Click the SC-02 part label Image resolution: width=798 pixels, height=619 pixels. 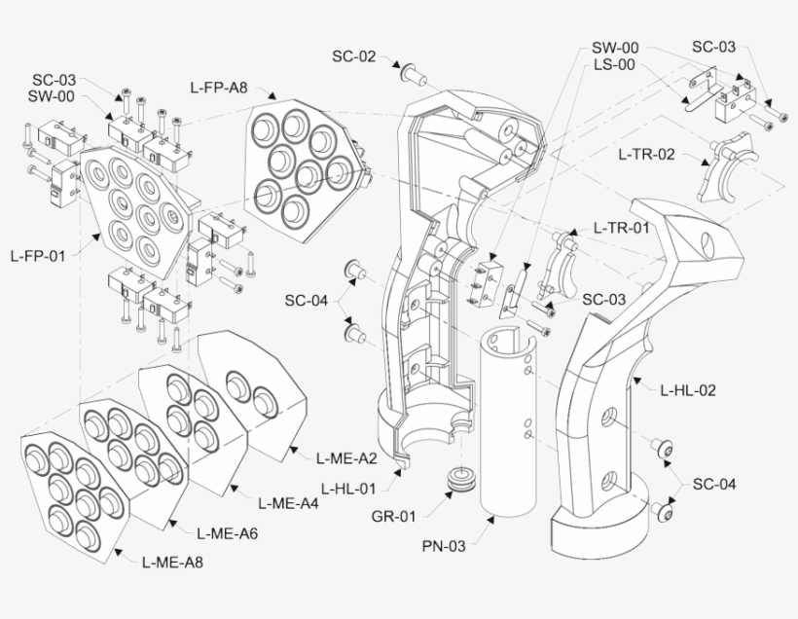tap(353, 56)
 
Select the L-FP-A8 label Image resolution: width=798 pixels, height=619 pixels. tap(218, 88)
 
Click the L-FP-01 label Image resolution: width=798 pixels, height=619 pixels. tap(38, 257)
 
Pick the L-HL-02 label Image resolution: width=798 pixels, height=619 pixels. tap(688, 390)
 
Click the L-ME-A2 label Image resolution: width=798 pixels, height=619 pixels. tap(346, 456)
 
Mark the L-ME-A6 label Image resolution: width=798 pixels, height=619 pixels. tap(227, 532)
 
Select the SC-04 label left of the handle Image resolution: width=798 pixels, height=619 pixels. tap(307, 300)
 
